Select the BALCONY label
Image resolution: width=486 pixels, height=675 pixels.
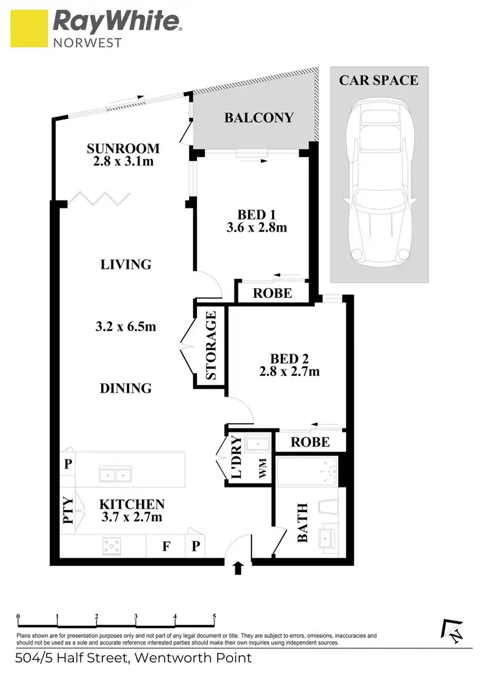(259, 117)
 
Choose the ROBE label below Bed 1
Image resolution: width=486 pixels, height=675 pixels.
(272, 293)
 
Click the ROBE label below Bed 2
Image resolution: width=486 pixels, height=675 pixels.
(310, 443)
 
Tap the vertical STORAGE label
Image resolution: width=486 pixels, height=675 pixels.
(211, 346)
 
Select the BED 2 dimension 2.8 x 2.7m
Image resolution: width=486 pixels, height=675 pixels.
(289, 372)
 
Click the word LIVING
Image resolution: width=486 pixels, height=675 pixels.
(126, 264)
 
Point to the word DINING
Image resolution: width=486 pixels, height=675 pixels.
(126, 388)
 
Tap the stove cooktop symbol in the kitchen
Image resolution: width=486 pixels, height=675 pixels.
(112, 546)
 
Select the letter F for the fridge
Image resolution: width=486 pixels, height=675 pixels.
(167, 546)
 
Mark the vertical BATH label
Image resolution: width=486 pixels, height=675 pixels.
(303, 524)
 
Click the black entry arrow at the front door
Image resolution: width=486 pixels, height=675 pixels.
(238, 569)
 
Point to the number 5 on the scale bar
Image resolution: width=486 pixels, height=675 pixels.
(214, 616)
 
